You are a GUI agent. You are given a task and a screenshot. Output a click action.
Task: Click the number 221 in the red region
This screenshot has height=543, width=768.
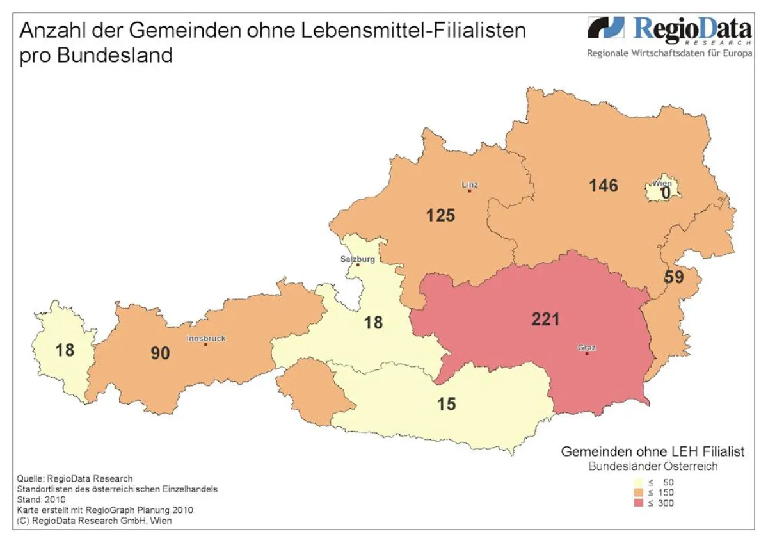tap(545, 319)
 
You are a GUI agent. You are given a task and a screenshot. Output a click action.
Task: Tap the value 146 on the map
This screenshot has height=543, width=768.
tap(604, 186)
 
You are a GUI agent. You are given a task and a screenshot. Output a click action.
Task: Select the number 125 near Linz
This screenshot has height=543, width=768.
tap(440, 215)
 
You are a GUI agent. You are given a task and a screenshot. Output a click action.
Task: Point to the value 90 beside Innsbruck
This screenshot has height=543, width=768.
tap(160, 353)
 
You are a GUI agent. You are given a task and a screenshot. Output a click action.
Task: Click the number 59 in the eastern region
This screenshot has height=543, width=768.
tap(674, 278)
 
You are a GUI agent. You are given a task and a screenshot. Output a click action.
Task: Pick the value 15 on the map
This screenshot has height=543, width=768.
tap(446, 405)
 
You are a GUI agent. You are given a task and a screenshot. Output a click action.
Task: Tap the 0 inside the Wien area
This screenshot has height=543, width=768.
tap(666, 192)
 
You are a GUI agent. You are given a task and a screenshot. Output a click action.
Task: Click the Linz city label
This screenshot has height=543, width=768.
tap(470, 184)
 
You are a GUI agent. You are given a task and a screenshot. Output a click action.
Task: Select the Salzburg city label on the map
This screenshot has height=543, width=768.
tap(357, 259)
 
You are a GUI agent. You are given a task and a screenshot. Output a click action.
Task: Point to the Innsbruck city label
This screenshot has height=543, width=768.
tap(206, 338)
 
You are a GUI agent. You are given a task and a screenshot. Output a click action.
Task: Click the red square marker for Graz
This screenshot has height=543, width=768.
tap(587, 353)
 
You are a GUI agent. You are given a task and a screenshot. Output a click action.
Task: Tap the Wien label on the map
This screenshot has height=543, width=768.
tap(662, 183)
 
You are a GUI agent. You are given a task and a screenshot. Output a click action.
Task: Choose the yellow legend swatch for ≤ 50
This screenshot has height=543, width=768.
tap(637, 482)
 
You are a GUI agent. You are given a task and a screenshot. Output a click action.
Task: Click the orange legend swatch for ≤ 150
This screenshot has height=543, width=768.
tap(637, 492)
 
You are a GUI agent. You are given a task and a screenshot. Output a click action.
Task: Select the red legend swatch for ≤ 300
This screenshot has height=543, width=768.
tap(637, 503)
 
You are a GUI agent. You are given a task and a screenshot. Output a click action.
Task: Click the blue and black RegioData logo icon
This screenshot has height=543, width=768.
tap(605, 28)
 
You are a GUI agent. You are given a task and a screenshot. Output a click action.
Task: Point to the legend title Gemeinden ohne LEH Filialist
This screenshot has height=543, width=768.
tap(652, 451)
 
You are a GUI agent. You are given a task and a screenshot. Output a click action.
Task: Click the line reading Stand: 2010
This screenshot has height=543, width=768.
tap(39, 499)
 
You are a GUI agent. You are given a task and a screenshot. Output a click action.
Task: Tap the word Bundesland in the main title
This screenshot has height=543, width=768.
tap(115, 55)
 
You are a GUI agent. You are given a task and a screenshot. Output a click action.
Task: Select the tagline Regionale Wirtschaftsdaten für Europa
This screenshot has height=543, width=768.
tap(669, 53)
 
